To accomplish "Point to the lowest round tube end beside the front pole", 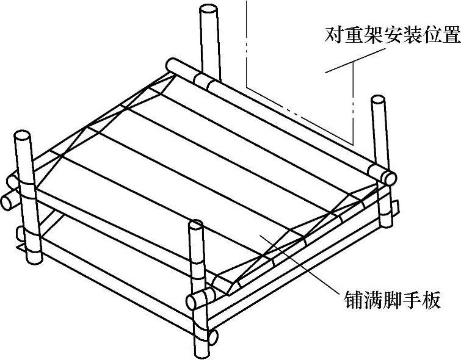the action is click(212, 336).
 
